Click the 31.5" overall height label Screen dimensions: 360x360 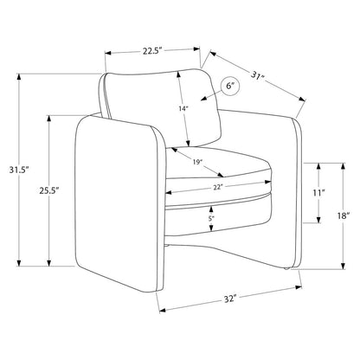pos(20,170)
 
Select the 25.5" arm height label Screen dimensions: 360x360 pos(49,190)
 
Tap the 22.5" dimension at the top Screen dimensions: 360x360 pos(153,51)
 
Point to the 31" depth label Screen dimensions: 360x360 pos(258,77)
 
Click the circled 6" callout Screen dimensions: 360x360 pos(230,86)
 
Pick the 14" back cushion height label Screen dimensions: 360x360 pos(183,109)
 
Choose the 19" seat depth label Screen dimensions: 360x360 pos(197,162)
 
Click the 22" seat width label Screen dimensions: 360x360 pos(218,187)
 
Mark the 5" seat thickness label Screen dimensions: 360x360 pos(211,218)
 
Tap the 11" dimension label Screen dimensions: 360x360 pos(318,192)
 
